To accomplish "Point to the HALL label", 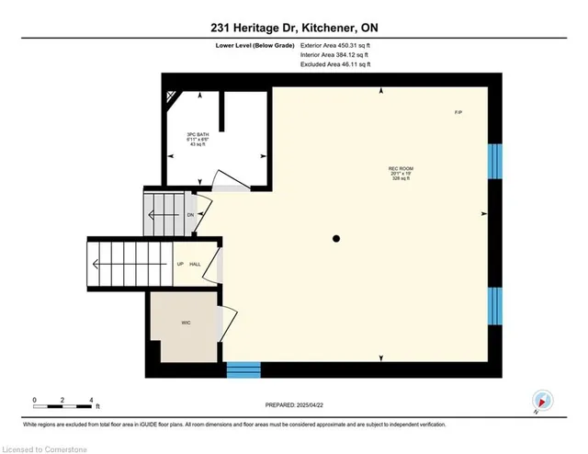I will [x=196, y=265].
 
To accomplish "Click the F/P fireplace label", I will [x=458, y=112].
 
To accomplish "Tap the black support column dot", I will [x=336, y=239].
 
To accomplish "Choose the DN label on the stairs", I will [x=190, y=215].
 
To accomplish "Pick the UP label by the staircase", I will [x=180, y=265].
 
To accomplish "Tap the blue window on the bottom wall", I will [x=243, y=371].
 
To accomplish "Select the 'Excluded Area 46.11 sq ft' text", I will [x=334, y=66].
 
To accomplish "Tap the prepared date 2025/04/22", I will [x=293, y=405].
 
